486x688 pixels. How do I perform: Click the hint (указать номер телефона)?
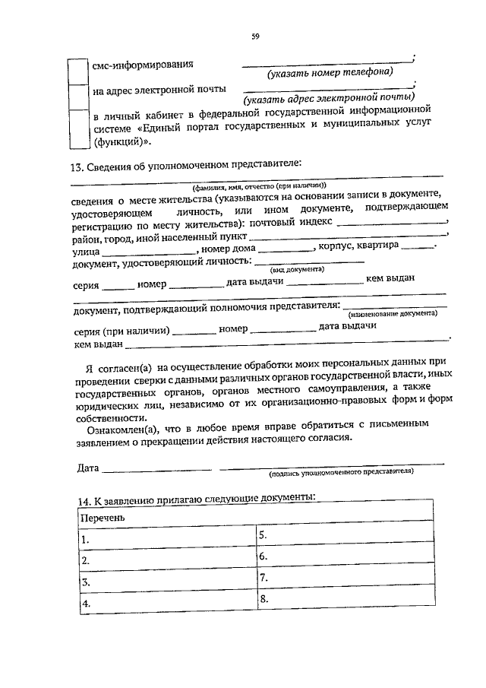[330, 72]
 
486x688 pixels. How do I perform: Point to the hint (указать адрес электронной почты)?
[329, 97]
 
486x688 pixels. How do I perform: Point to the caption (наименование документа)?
[392, 313]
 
